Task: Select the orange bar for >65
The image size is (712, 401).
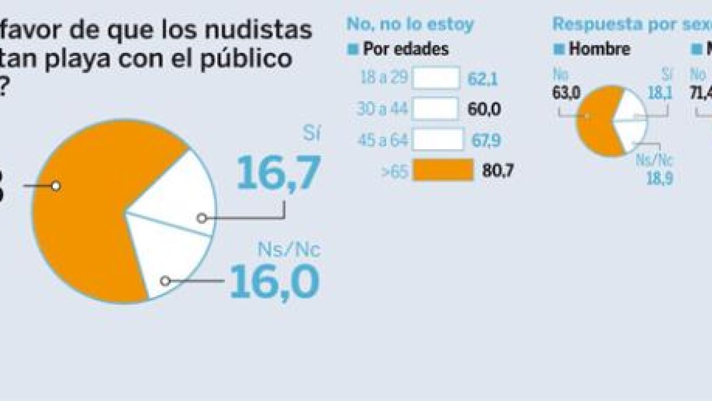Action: point(443,170)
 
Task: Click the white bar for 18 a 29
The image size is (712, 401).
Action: point(436,78)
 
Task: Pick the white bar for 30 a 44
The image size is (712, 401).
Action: point(436,109)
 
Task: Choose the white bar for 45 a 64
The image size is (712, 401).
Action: point(438,140)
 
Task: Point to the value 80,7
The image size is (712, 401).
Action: point(498,171)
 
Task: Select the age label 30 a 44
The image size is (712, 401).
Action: point(383,109)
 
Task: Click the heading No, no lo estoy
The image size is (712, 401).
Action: point(411,24)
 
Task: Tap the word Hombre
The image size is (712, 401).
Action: point(599,49)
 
